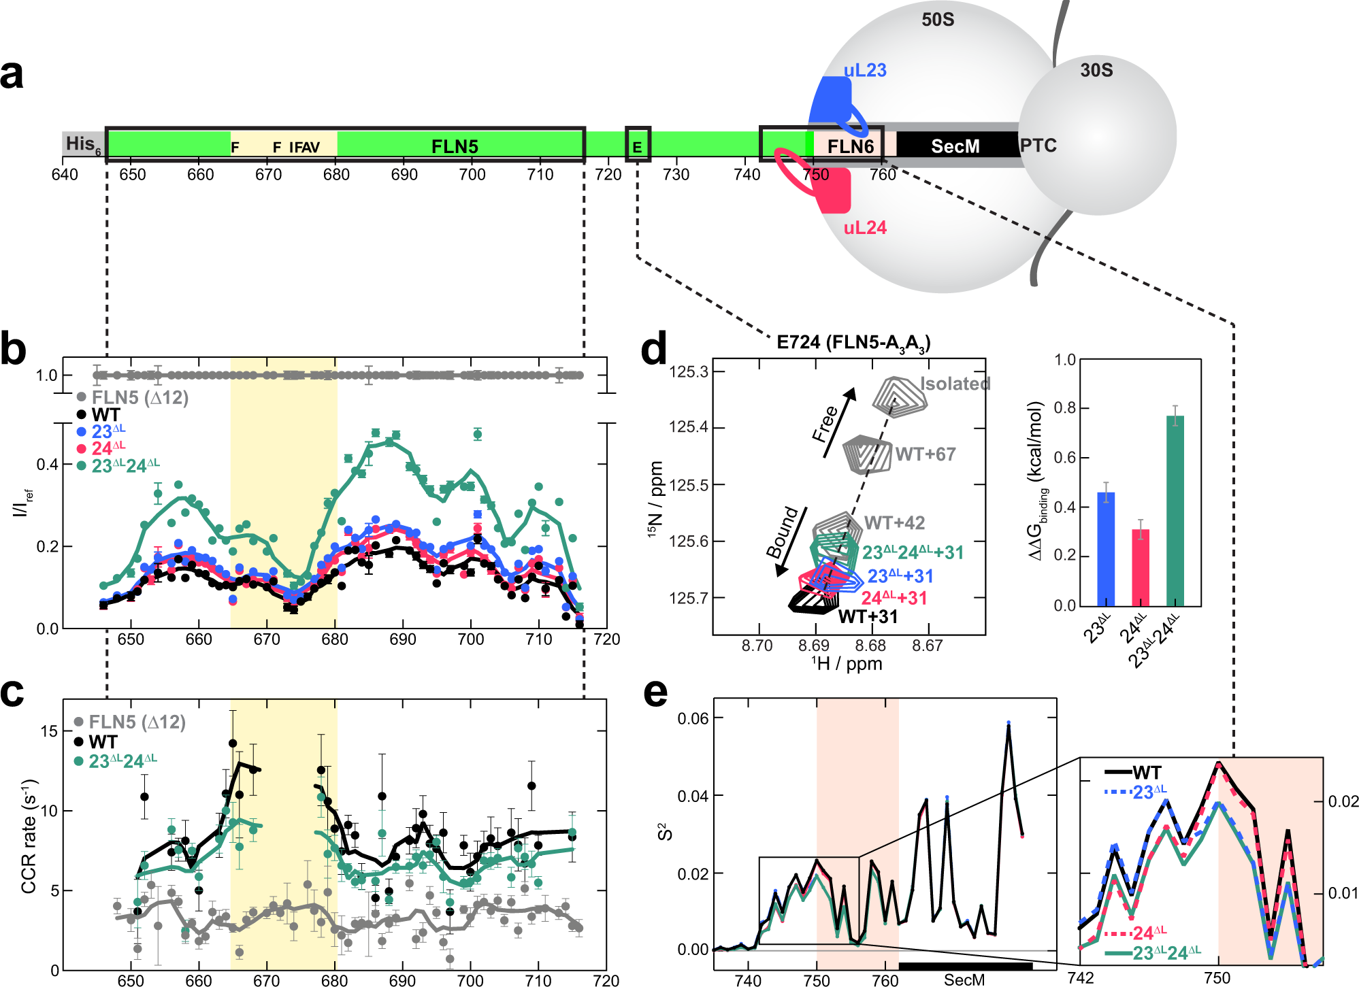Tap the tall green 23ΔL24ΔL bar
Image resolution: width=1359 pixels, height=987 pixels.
pos(1175,510)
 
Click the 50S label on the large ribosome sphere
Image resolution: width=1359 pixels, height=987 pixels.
pos(937,20)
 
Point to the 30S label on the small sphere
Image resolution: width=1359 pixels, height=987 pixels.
pos(1096,70)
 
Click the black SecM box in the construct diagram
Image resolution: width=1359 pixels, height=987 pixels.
pos(955,146)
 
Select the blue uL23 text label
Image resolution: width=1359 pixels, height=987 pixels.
pos(864,70)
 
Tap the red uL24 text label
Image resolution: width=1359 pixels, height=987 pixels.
pos(864,228)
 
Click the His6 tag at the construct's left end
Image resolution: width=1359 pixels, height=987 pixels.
pos(83,144)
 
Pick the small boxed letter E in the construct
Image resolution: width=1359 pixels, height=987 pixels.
pos(638,146)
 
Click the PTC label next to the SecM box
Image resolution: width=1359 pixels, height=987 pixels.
pos(1038,146)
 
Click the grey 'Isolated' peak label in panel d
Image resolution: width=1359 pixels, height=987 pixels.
pos(955,384)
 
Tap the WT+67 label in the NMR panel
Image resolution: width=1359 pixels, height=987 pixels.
pos(926,454)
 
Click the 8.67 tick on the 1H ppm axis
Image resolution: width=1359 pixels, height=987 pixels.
pos(927,646)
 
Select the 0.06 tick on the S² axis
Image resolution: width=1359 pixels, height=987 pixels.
pos(693,718)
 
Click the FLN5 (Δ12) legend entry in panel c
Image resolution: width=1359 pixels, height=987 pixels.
pos(136,722)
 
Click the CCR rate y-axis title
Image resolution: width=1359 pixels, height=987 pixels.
pos(29,837)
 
